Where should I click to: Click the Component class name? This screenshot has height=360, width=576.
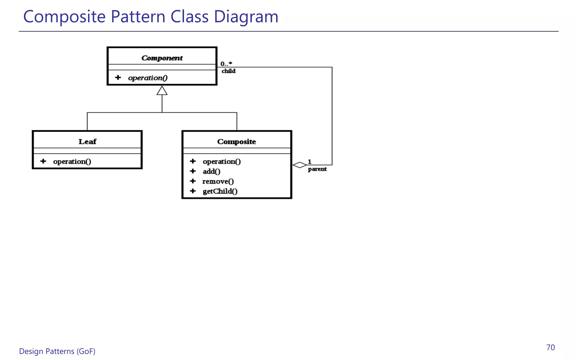click(162, 58)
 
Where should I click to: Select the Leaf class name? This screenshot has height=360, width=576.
click(87, 141)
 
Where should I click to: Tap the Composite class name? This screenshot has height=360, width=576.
click(237, 141)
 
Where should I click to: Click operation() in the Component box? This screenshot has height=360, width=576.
click(148, 78)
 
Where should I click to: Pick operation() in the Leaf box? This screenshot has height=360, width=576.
click(72, 161)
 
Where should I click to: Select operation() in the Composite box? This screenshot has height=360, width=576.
click(222, 161)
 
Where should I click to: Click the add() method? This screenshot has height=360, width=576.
click(211, 171)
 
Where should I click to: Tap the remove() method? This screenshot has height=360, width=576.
click(218, 181)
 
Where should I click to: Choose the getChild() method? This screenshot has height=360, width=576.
click(220, 191)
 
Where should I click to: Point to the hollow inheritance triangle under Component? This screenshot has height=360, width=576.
click(162, 91)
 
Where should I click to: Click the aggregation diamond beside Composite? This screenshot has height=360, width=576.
click(300, 165)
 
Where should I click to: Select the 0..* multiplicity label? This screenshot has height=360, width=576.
click(226, 64)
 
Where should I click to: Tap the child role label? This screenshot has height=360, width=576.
click(228, 71)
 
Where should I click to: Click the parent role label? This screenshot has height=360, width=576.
click(317, 169)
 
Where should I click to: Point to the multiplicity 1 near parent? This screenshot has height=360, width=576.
click(309, 162)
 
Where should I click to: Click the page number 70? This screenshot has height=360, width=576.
click(550, 348)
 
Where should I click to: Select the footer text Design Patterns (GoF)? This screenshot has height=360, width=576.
click(57, 351)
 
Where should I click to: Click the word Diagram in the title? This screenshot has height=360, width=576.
click(246, 16)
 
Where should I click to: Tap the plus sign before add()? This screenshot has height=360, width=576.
click(193, 171)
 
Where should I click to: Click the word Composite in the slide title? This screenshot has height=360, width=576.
click(64, 16)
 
